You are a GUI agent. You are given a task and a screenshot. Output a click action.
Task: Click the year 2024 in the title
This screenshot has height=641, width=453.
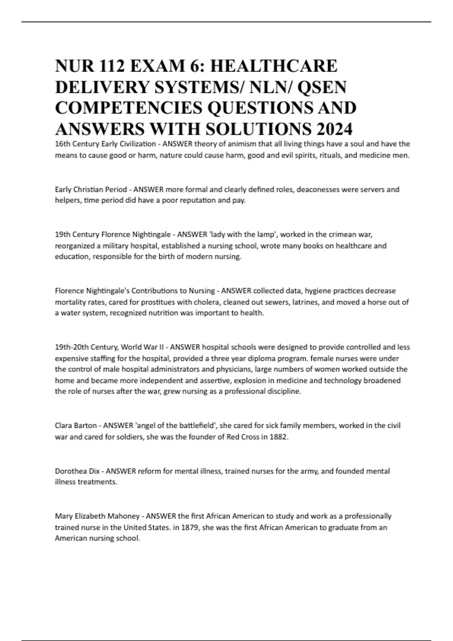(x=334, y=129)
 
